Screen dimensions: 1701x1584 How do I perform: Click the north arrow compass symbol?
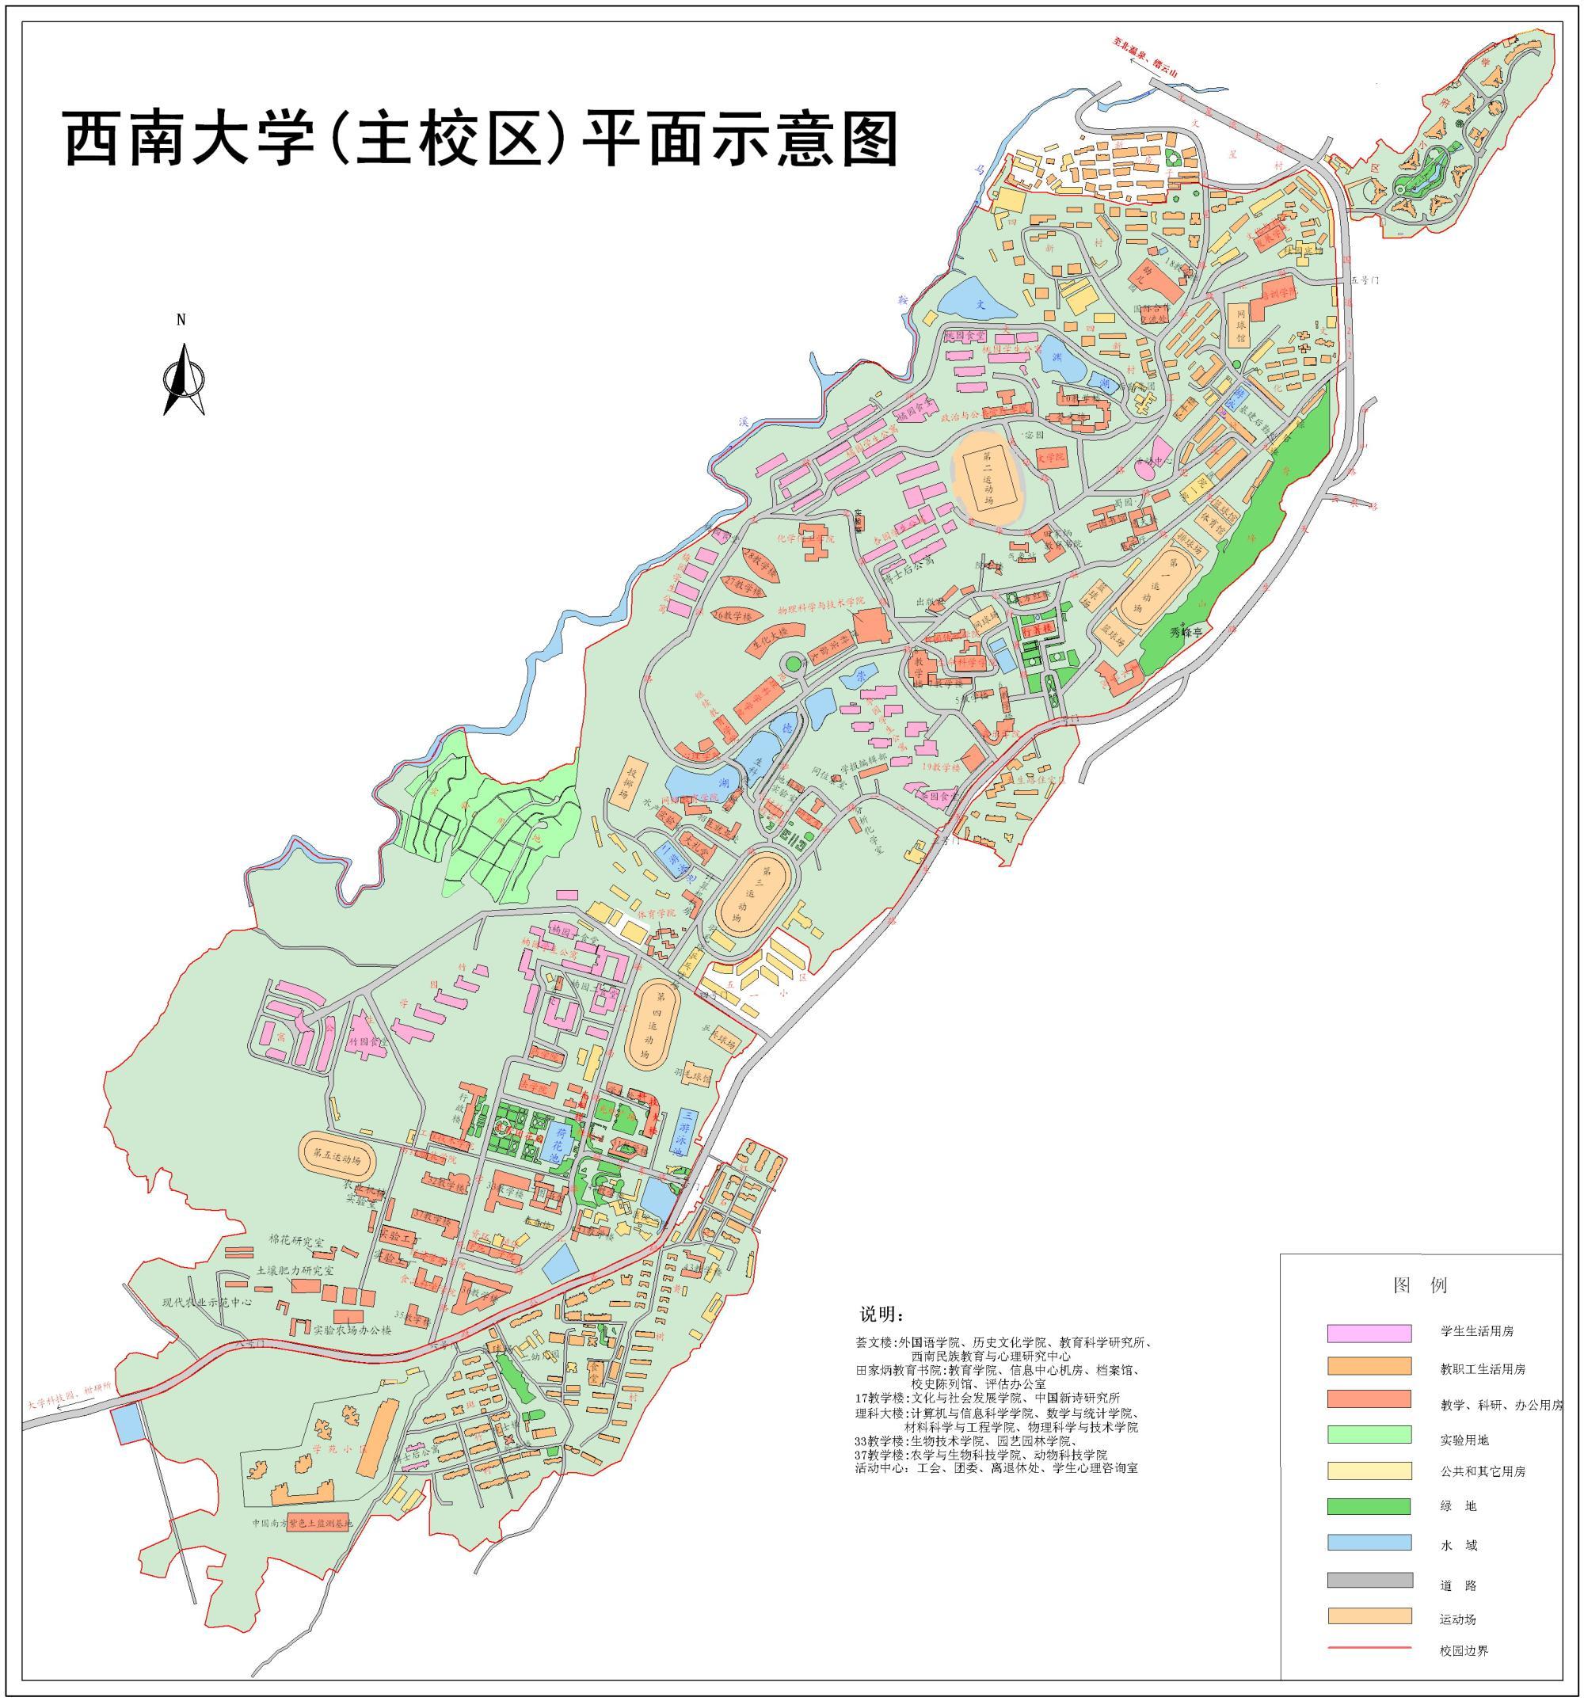pos(183,377)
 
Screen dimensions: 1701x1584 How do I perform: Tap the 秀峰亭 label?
pos(1186,632)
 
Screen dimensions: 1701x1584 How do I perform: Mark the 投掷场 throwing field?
pos(631,778)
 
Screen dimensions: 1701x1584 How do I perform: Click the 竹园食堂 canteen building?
pos(366,1043)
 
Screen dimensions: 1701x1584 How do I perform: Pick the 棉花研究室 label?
pos(296,1242)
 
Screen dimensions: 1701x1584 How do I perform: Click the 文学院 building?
pos(1049,458)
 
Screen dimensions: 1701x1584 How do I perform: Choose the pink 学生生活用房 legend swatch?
pos(1369,1332)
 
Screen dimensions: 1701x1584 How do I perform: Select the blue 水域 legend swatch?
pos(1369,1542)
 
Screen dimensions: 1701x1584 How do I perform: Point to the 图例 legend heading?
pos(1420,1285)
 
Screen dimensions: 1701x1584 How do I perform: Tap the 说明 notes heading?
pos(881,1315)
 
